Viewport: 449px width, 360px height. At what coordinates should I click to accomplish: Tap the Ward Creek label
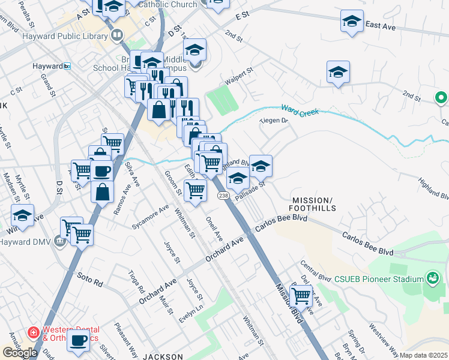(299, 110)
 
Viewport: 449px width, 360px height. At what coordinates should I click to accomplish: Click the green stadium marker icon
(432, 278)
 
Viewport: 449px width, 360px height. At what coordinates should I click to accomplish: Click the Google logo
(20, 353)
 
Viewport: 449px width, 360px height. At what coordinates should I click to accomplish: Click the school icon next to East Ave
(352, 21)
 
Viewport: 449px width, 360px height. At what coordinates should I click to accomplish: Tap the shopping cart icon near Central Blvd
(301, 295)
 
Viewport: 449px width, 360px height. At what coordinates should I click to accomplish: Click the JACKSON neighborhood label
(163, 356)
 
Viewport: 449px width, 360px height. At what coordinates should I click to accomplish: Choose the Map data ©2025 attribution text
(424, 355)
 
